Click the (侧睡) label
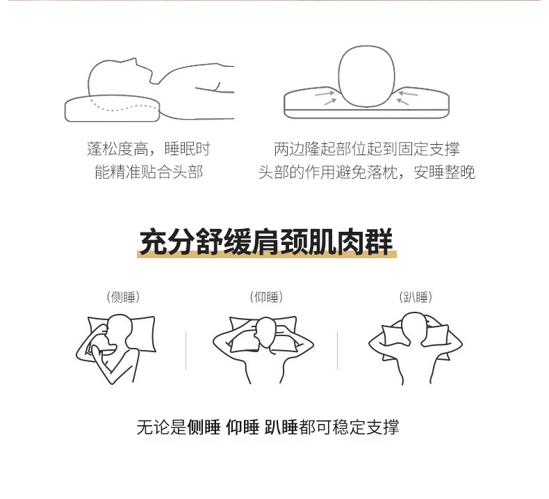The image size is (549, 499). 123,297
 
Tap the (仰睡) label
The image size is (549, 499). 266,297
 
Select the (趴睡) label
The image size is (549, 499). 416,297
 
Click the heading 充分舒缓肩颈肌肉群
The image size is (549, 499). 266,241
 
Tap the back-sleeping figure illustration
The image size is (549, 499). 263,349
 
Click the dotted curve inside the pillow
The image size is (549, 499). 122,106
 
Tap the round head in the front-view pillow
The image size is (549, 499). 366,76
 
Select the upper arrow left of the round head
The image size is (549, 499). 325,94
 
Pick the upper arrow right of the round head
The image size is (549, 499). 408,94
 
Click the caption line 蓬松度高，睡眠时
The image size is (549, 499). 149,149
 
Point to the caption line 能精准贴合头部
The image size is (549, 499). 149,172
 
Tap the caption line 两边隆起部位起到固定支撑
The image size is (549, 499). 367,149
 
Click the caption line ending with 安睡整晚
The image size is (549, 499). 367,172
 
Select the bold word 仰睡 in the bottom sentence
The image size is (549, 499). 243,427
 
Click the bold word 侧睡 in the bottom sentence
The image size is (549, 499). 204,427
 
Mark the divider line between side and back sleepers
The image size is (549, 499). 186,350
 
